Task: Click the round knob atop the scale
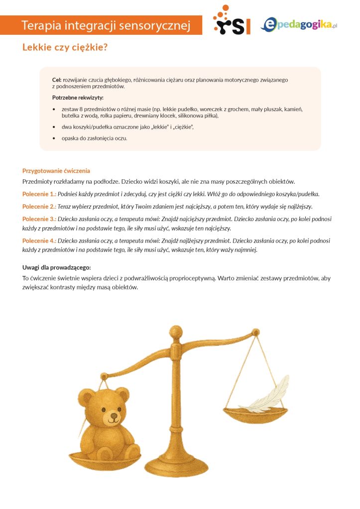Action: (176, 331)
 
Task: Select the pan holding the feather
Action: (255, 412)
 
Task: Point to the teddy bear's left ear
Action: (87, 398)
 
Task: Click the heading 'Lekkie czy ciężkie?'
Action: (65, 48)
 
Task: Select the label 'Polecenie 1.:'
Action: (39, 194)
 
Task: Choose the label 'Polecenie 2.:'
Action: (39, 206)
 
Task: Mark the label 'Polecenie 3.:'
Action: (39, 219)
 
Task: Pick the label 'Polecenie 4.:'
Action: (39, 241)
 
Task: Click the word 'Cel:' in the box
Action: (57, 80)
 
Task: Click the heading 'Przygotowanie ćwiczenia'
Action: (56, 171)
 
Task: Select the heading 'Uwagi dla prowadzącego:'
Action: (56, 267)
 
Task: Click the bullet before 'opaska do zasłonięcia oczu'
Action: (54, 138)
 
